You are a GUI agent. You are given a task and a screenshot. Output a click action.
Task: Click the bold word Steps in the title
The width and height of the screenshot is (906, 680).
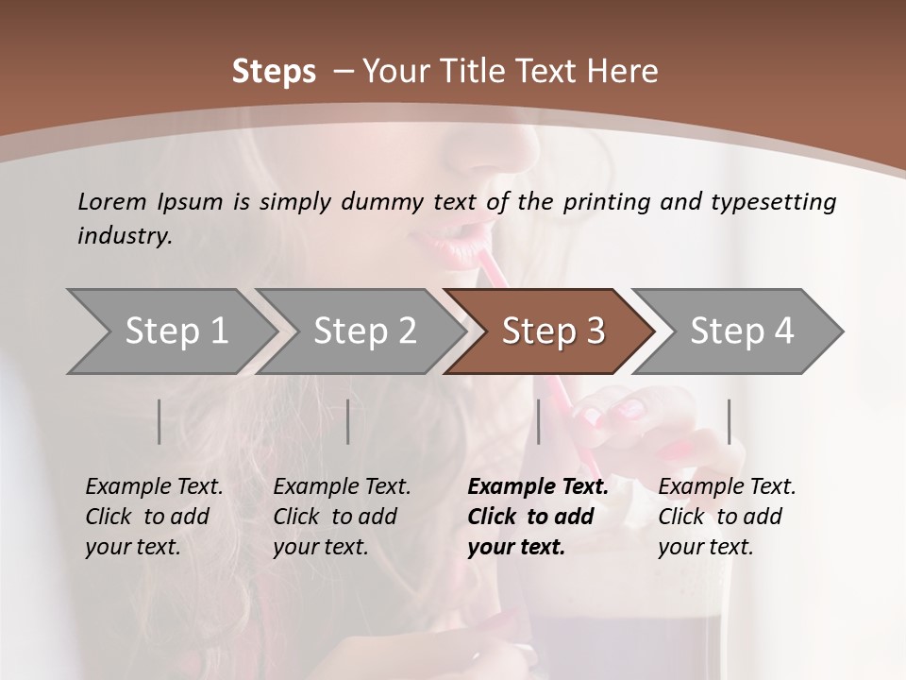274,72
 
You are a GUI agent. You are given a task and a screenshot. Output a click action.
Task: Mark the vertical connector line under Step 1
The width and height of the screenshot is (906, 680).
159,421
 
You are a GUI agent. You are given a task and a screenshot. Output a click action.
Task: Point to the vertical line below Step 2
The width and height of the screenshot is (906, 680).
348,421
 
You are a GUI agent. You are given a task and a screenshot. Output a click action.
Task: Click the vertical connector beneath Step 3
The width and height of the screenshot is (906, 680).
538,421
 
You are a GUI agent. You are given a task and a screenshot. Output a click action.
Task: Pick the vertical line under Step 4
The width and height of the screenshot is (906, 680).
729,421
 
